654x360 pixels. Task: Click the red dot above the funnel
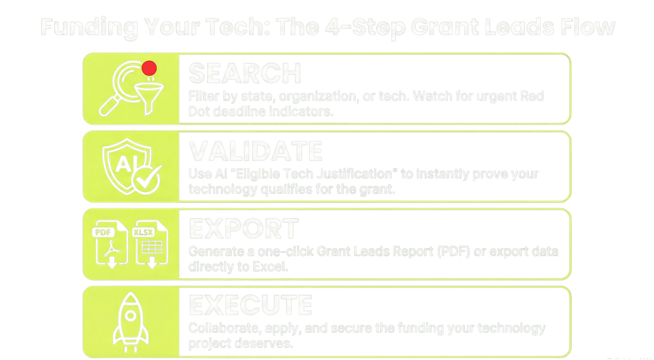click(149, 68)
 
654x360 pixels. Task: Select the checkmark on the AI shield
click(147, 179)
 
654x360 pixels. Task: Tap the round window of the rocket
click(131, 316)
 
